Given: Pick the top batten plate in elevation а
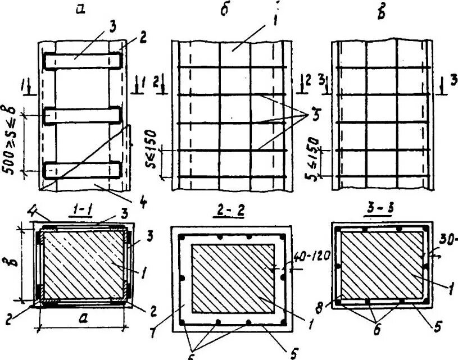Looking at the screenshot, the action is (x=83, y=60).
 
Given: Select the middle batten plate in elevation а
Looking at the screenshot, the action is (x=83, y=115).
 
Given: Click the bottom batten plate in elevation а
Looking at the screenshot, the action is (x=83, y=170).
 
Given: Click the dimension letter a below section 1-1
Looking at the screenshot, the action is (x=82, y=317).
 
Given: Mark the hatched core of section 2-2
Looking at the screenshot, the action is (x=233, y=278).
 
